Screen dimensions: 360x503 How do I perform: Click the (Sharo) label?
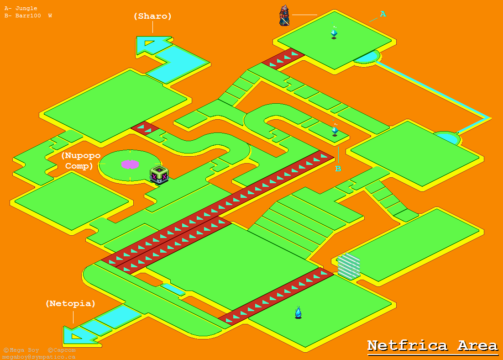(x=152, y=16)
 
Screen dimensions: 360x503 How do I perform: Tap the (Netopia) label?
(x=70, y=303)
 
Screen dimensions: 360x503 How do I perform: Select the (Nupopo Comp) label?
(x=80, y=161)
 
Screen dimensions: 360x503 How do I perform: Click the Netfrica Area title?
(x=432, y=345)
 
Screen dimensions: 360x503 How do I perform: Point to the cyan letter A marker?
(x=383, y=14)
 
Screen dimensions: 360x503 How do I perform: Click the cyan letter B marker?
(x=338, y=169)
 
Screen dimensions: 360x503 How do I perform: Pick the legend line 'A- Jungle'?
(x=21, y=8)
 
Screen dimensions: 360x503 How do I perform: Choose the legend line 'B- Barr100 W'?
(x=28, y=16)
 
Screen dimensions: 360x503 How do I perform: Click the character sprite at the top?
(x=284, y=15)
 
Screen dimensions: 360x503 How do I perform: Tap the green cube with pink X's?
(x=159, y=175)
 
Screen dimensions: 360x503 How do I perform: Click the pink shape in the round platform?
(x=130, y=164)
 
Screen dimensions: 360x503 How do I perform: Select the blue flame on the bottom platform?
(x=298, y=312)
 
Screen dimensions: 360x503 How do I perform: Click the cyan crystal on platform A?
(x=334, y=33)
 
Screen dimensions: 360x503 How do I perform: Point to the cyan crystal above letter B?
(x=335, y=130)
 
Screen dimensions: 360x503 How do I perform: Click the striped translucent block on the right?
(x=349, y=266)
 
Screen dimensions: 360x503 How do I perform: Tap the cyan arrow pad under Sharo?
(x=151, y=44)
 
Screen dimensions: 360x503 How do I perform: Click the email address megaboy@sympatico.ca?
(x=38, y=357)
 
